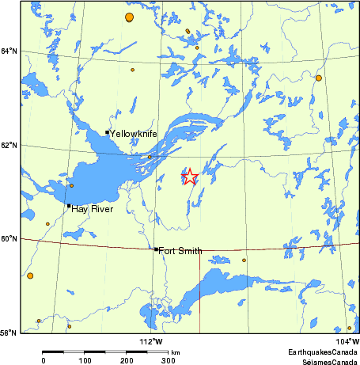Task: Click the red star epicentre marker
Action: point(190,177)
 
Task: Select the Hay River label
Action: point(92,209)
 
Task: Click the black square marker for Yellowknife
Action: point(107,132)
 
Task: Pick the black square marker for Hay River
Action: point(69,206)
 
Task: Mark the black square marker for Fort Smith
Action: point(156,249)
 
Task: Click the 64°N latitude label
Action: point(9,51)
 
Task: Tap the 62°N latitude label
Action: point(9,145)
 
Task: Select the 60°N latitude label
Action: point(9,238)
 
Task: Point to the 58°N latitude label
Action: point(9,333)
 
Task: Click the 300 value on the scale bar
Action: point(168,361)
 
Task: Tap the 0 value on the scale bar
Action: point(44,361)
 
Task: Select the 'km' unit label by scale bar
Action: point(176,352)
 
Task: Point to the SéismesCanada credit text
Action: point(324,360)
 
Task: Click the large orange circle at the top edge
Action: point(129,17)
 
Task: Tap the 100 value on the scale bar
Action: point(85,361)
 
